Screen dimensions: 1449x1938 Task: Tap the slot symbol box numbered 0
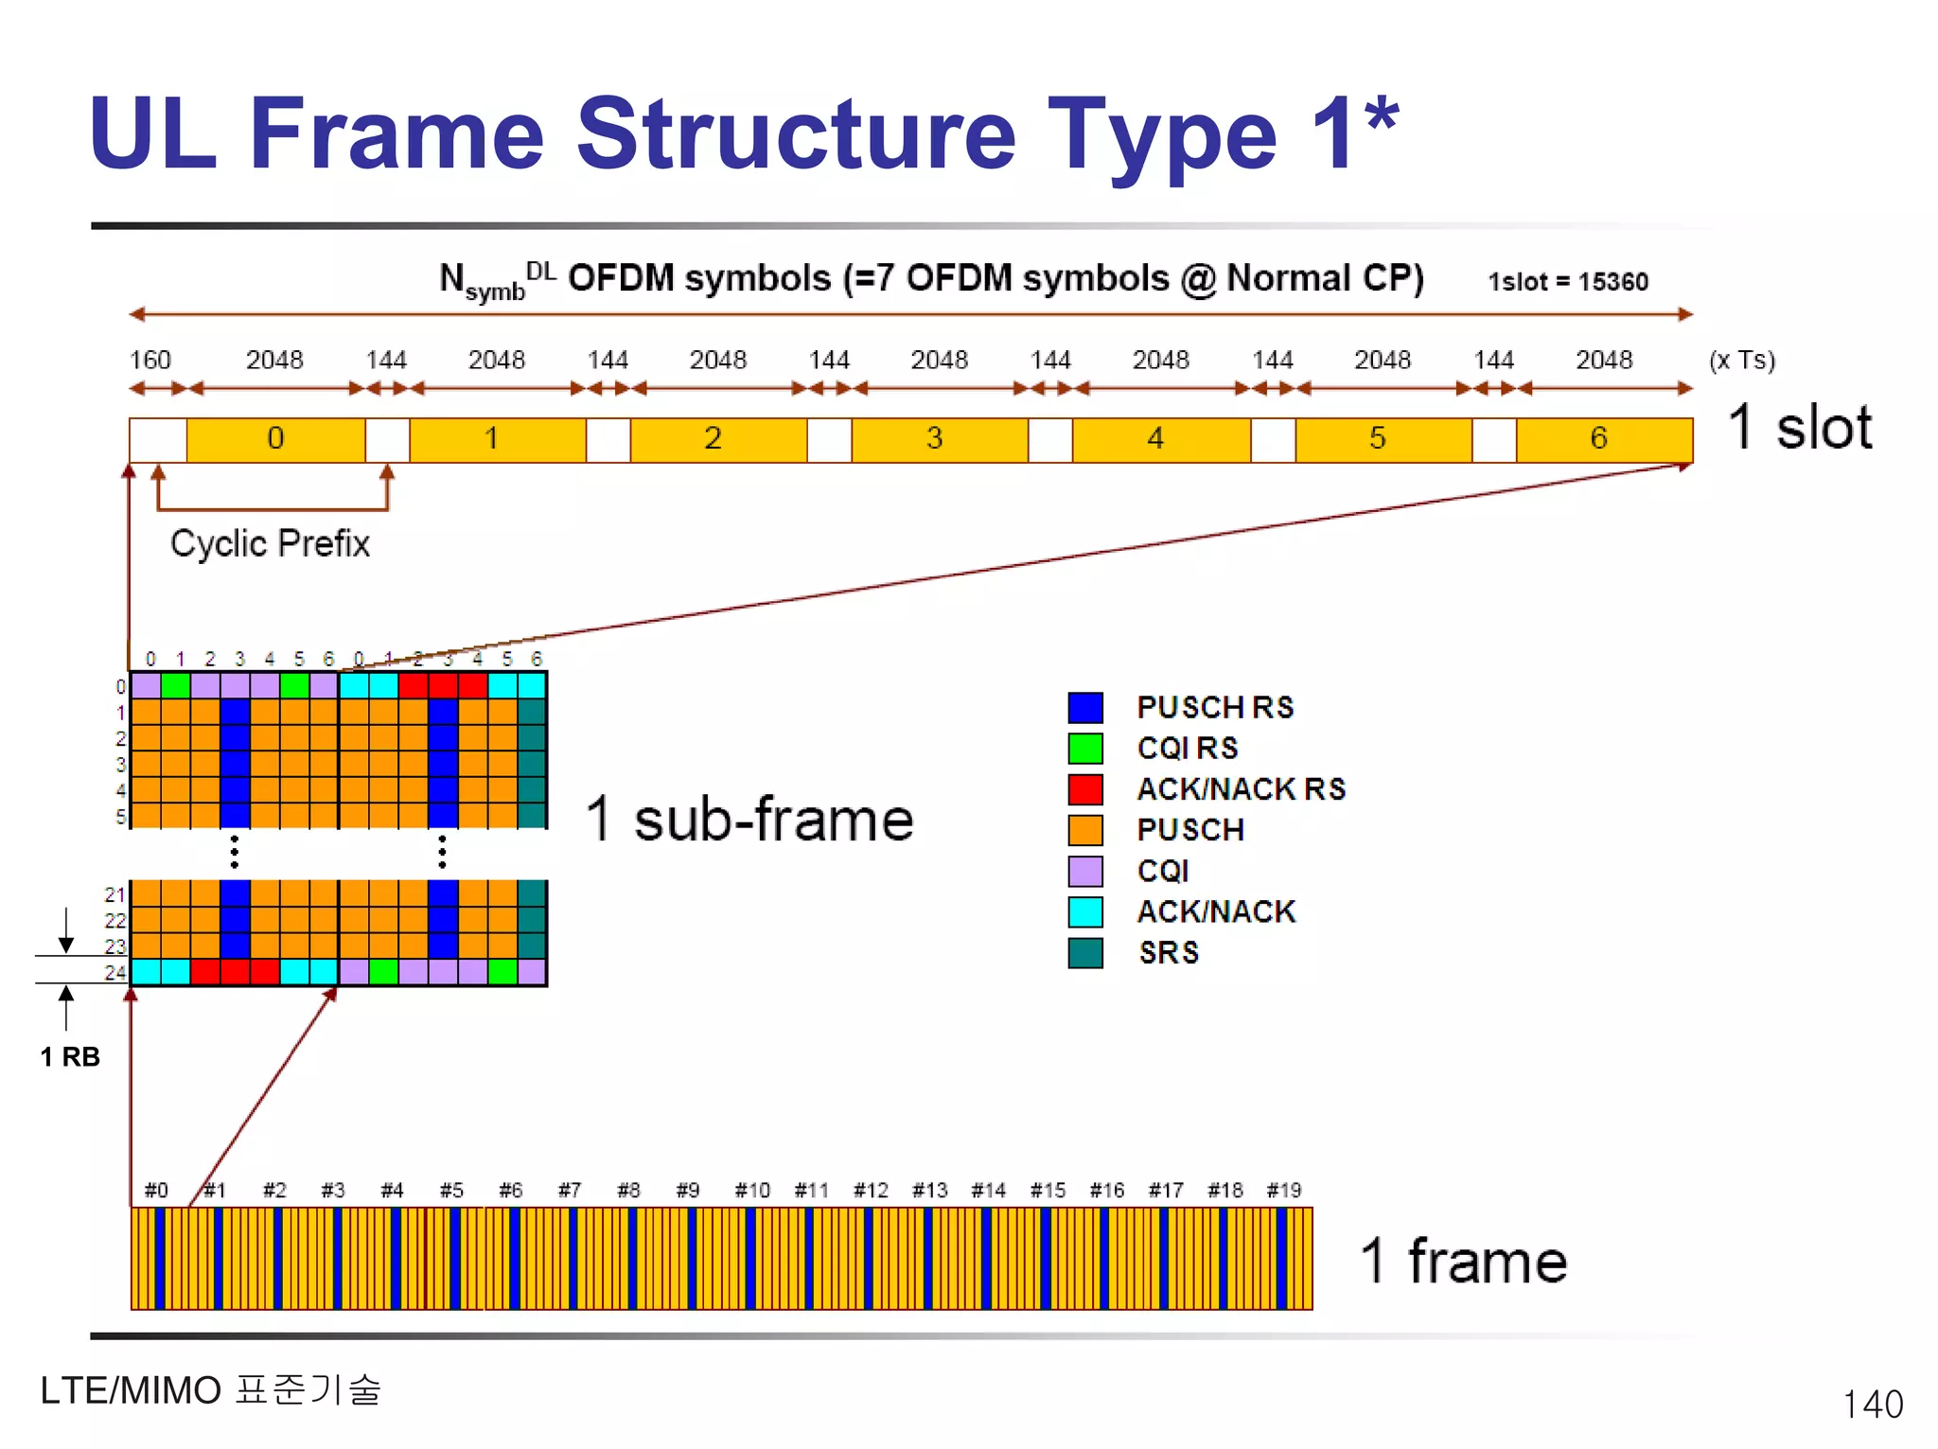point(275,439)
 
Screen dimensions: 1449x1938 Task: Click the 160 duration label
point(150,361)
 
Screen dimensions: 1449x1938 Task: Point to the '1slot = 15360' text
point(1567,282)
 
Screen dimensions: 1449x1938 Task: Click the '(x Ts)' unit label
point(1741,361)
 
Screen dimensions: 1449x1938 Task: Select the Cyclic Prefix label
point(270,544)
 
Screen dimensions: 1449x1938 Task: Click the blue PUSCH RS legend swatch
point(1084,707)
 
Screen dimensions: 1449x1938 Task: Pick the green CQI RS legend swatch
point(1084,748)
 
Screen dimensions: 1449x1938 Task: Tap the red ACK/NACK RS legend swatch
point(1084,788)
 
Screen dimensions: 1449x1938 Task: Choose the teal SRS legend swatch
point(1084,952)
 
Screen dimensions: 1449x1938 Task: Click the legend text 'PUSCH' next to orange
point(1189,830)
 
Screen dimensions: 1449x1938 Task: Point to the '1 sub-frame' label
point(749,819)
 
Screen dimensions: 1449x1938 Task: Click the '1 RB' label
point(70,1057)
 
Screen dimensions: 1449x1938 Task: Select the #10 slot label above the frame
point(752,1190)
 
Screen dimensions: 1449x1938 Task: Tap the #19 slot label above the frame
point(1284,1190)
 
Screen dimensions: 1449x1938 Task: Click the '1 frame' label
point(1463,1262)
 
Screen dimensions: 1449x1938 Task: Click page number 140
point(1872,1405)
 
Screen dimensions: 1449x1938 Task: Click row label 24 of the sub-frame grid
point(115,972)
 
